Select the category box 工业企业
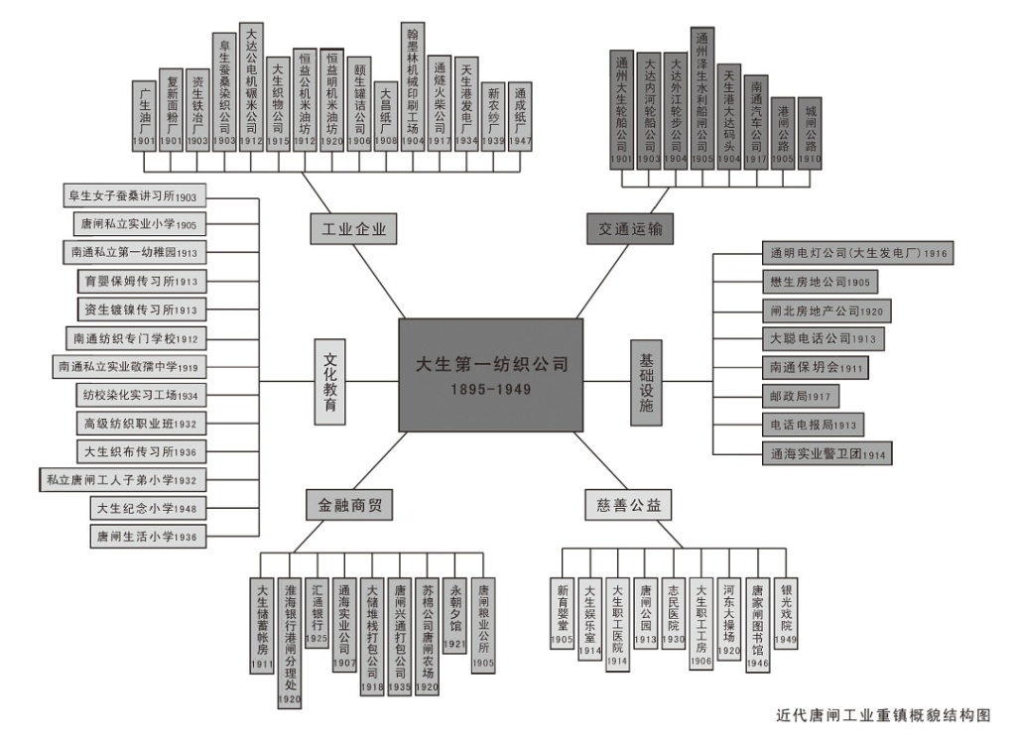coord(352,229)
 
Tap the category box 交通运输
coord(630,229)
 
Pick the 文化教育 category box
coord(330,383)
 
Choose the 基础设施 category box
coord(646,382)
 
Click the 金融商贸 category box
coord(348,506)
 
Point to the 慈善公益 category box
coord(626,506)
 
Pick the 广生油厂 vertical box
coord(145,115)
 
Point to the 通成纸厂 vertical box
coord(520,115)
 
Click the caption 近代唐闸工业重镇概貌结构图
coord(883,714)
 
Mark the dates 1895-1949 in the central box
coord(490,390)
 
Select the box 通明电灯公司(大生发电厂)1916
coord(855,253)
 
